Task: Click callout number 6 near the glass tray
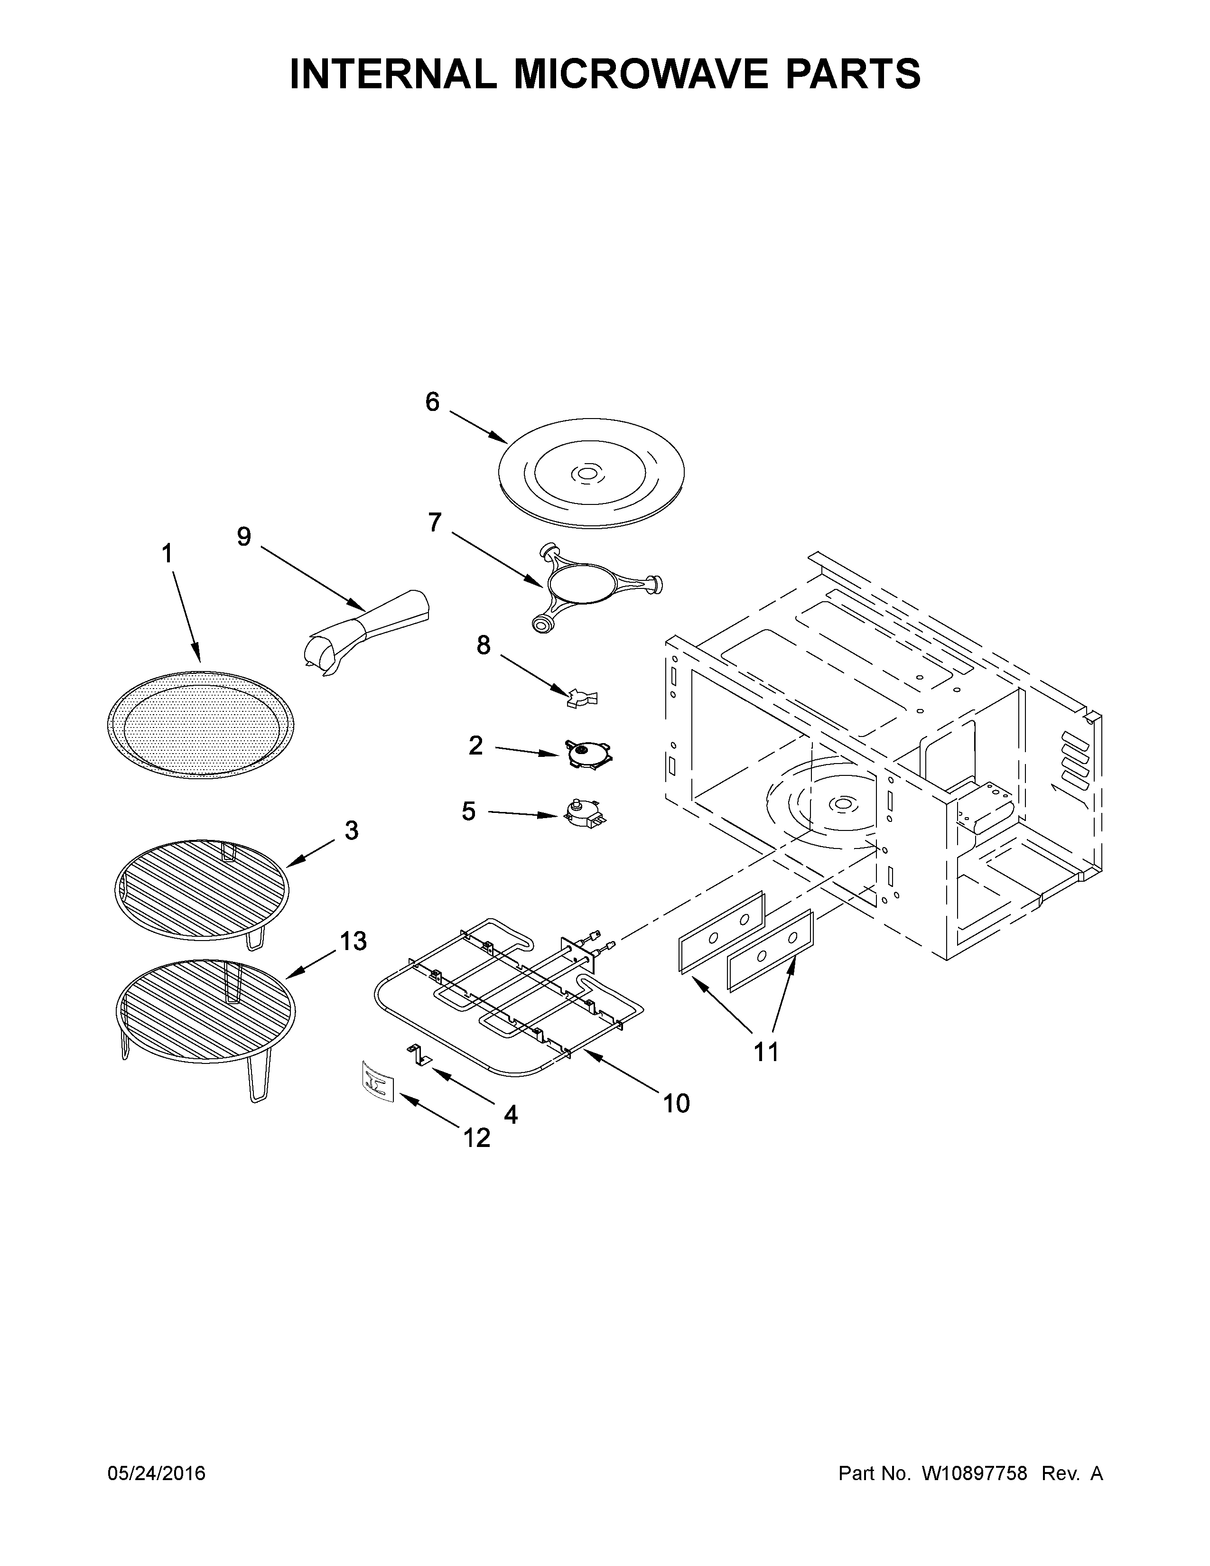(432, 402)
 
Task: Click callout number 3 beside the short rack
(351, 830)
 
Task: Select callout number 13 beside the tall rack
(353, 941)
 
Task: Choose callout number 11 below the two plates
(765, 1052)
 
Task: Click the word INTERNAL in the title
(393, 74)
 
